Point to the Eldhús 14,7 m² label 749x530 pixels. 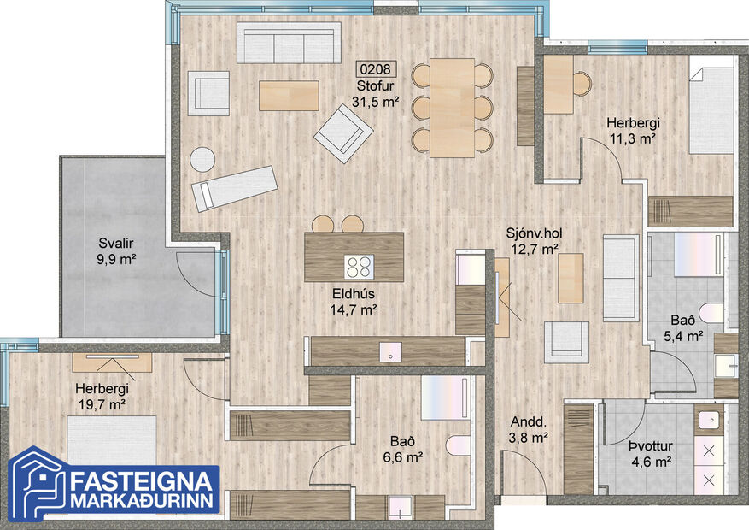354,303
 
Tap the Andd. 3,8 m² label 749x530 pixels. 529,430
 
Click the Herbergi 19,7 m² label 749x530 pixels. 100,396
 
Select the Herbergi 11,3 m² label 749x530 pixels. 631,129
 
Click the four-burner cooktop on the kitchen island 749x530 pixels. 360,267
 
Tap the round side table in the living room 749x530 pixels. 202,160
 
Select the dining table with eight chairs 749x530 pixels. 452,107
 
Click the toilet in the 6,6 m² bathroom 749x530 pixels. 457,446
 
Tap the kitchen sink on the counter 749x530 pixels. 389,351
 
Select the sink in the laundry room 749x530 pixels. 708,420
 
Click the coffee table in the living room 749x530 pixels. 289,94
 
